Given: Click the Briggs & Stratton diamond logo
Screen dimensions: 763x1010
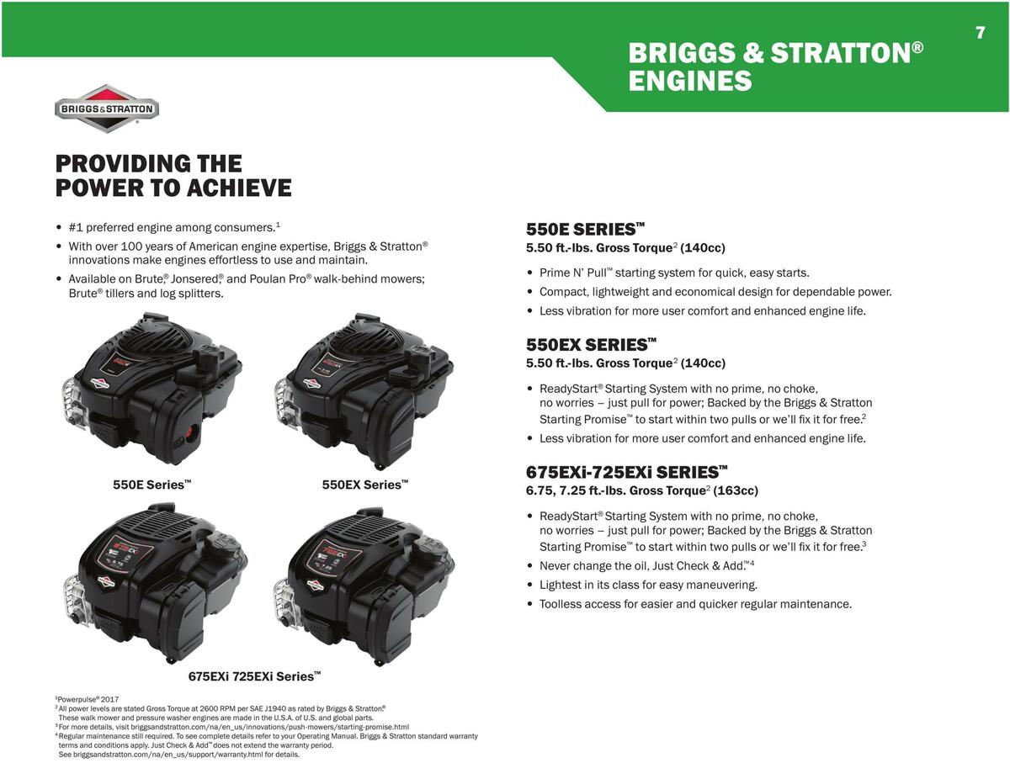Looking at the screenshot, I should [107, 109].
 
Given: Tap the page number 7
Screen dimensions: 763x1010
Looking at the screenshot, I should [980, 33].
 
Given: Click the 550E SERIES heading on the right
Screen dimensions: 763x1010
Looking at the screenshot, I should [585, 229].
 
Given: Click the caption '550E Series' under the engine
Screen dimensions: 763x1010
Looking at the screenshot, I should [152, 485].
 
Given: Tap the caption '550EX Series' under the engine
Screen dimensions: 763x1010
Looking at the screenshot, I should [365, 485].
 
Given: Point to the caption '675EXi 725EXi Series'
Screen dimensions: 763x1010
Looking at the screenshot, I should [254, 676].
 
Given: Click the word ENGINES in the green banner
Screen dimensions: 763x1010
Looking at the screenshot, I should [689, 82].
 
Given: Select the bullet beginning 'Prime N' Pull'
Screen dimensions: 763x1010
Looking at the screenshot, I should [673, 273].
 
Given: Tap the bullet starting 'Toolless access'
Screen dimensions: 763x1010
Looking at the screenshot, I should [695, 604].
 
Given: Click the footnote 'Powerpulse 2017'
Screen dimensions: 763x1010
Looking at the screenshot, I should [88, 699].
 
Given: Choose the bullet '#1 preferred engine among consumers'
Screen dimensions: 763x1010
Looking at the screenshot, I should [173, 227].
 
